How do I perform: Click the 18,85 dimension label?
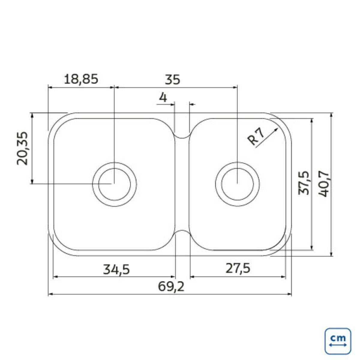[x=81, y=79]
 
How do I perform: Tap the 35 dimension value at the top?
[x=172, y=80]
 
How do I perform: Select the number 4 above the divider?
[x=163, y=97]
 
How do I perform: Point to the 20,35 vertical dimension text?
[x=22, y=148]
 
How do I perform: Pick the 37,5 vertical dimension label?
[x=303, y=183]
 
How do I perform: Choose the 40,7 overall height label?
[x=323, y=184]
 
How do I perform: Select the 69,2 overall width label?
[x=171, y=287]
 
